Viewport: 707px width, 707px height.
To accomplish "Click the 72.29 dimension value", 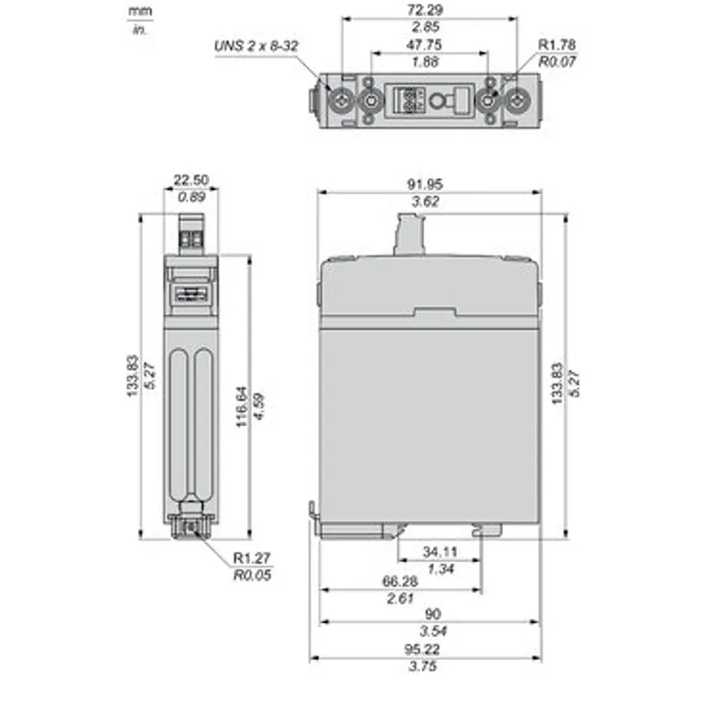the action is coord(425,10).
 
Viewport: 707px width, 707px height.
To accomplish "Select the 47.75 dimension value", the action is coord(424,45).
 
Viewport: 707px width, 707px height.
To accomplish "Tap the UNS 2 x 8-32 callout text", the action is coord(255,46).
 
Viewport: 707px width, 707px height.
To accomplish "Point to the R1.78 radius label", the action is coord(558,45).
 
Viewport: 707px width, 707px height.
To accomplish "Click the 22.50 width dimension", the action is coord(191,180).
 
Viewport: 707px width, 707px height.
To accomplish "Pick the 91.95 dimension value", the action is coord(425,185).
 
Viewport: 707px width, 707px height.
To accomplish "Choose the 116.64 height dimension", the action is coord(242,407).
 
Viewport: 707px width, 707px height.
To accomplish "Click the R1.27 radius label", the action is coord(252,558).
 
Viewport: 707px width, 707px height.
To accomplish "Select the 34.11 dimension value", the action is coord(440,551).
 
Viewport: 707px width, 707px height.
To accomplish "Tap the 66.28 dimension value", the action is coord(400,582).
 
